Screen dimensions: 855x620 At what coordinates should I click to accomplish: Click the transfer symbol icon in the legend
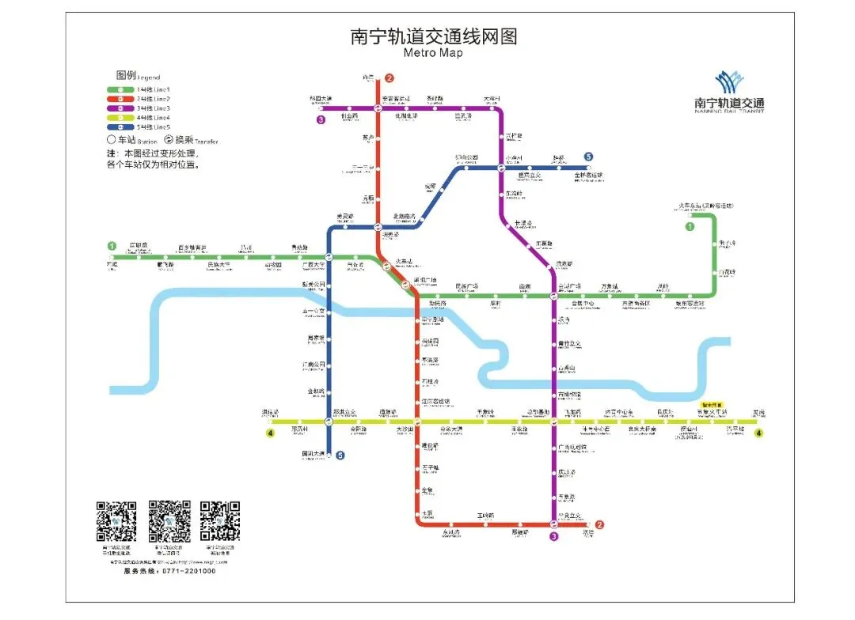coord(169,140)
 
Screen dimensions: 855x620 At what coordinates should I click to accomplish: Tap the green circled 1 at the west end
coord(112,246)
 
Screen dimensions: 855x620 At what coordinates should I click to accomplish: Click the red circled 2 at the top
coord(389,77)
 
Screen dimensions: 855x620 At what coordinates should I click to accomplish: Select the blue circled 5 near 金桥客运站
coord(589,157)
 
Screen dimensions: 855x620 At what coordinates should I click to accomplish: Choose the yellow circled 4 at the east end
coord(758,433)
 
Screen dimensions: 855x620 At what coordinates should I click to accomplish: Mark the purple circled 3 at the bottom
coord(553,536)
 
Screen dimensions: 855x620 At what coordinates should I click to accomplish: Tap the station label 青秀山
coord(567,369)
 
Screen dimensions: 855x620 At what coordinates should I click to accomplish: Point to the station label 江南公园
coord(315,364)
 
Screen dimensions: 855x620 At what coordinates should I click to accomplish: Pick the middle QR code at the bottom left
coord(169,520)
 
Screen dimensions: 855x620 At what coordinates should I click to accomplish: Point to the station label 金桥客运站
coord(588,175)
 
